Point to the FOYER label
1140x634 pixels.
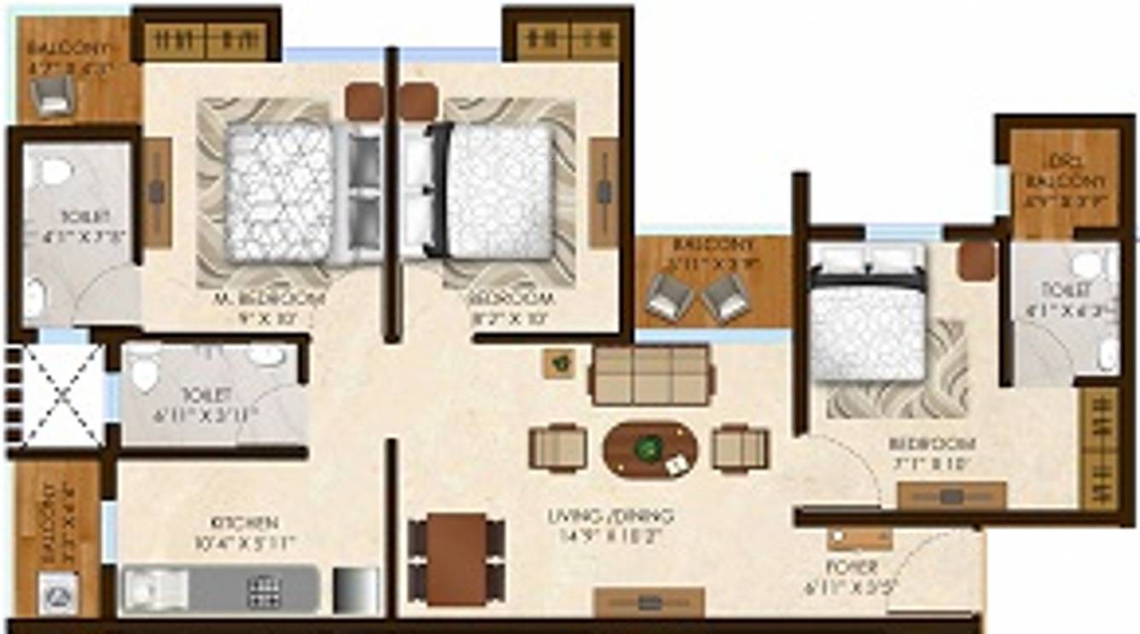852,567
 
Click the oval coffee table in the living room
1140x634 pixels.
650,449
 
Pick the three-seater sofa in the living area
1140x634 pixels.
649,375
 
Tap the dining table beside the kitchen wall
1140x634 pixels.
457,559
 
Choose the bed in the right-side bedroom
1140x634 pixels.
867,324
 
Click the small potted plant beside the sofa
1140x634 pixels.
560,364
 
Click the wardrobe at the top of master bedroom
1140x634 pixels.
206,40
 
